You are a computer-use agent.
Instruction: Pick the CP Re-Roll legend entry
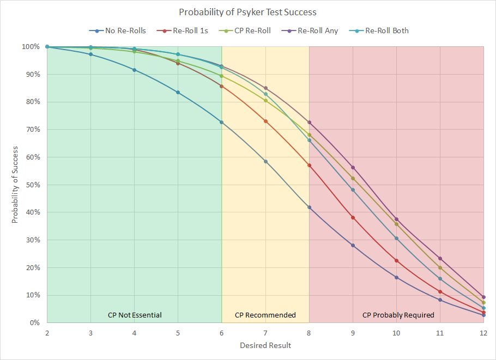tap(251, 30)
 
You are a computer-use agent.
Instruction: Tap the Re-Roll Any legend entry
tap(317, 30)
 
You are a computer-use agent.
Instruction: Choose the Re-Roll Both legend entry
tap(386, 30)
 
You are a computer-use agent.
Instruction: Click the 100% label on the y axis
tap(31, 47)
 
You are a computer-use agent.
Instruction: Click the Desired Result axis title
tap(265, 345)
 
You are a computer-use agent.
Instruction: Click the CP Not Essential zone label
tap(135, 315)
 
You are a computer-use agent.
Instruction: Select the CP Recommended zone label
tap(265, 315)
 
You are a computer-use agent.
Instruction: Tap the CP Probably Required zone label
tap(398, 315)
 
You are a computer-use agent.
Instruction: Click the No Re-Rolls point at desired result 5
tap(178, 92)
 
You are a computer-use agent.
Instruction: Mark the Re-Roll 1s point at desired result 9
tap(353, 217)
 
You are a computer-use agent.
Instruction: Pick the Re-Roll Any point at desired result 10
tap(396, 219)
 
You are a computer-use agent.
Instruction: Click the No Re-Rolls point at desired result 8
tap(309, 207)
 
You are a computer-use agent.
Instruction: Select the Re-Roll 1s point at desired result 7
tap(265, 121)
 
